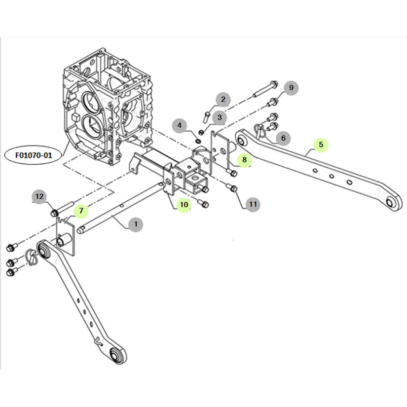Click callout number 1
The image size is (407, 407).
135,224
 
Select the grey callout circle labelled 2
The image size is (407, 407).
222,100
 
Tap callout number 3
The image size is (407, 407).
219,117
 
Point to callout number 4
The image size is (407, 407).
180,125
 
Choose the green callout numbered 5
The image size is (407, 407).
321,145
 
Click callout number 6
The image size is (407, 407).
283,138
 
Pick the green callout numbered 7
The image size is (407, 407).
81,211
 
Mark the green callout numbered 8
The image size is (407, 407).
244,159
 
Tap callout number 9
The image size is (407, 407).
291,88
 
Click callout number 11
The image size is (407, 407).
253,203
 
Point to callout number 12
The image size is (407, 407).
40,196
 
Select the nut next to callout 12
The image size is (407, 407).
55,213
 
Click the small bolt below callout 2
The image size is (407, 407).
207,117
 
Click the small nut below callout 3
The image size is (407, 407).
201,132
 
